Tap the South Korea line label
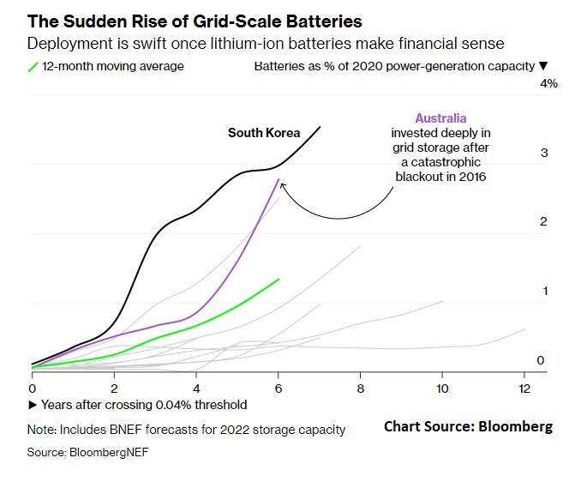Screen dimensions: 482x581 (x=264, y=133)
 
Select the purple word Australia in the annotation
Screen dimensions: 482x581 (x=440, y=118)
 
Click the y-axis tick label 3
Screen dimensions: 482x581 (x=543, y=154)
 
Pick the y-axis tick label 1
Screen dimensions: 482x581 (x=543, y=292)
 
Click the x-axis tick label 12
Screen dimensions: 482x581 (x=524, y=388)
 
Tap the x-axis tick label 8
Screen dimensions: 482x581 (x=361, y=388)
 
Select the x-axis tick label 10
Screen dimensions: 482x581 (x=442, y=388)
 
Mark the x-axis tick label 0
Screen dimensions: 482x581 (x=32, y=388)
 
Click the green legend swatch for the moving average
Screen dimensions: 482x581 (x=33, y=66)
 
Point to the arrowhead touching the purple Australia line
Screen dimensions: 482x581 (x=280, y=183)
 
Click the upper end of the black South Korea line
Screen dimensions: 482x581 (x=320, y=127)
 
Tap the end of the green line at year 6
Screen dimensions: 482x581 (x=279, y=279)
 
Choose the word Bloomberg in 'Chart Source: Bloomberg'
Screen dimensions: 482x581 (x=514, y=426)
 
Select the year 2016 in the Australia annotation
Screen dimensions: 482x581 (x=471, y=177)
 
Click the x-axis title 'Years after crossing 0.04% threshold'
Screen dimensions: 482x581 (x=139, y=405)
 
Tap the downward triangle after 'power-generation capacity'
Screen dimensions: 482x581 (x=542, y=66)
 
